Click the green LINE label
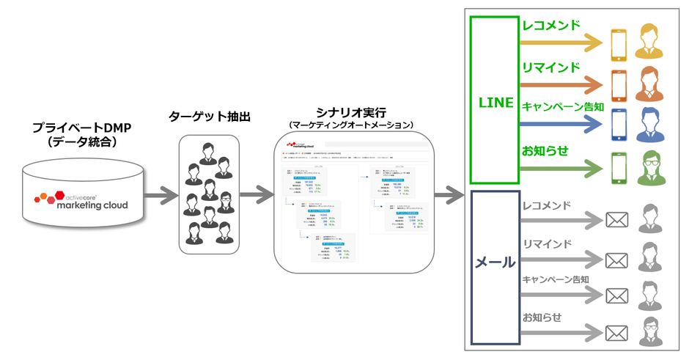click(495, 103)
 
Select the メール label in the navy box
click(495, 262)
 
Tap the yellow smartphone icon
click(618, 45)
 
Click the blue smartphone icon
click(618, 125)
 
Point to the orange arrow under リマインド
click(561, 84)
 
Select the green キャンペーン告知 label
click(562, 107)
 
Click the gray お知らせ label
click(542, 317)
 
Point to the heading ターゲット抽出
click(207, 117)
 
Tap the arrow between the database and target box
click(158, 196)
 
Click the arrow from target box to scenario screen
click(255, 196)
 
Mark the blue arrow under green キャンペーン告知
click(561, 124)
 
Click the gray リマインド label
click(547, 243)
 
